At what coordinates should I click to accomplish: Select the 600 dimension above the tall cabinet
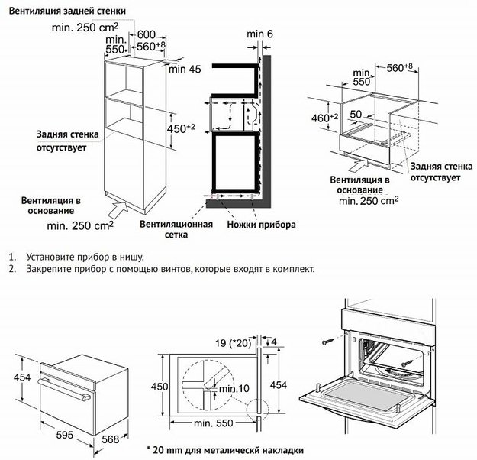point(147,35)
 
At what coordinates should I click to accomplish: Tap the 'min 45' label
point(185,70)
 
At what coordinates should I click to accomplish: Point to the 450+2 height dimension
point(181,128)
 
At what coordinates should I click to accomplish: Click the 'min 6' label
point(259,34)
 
